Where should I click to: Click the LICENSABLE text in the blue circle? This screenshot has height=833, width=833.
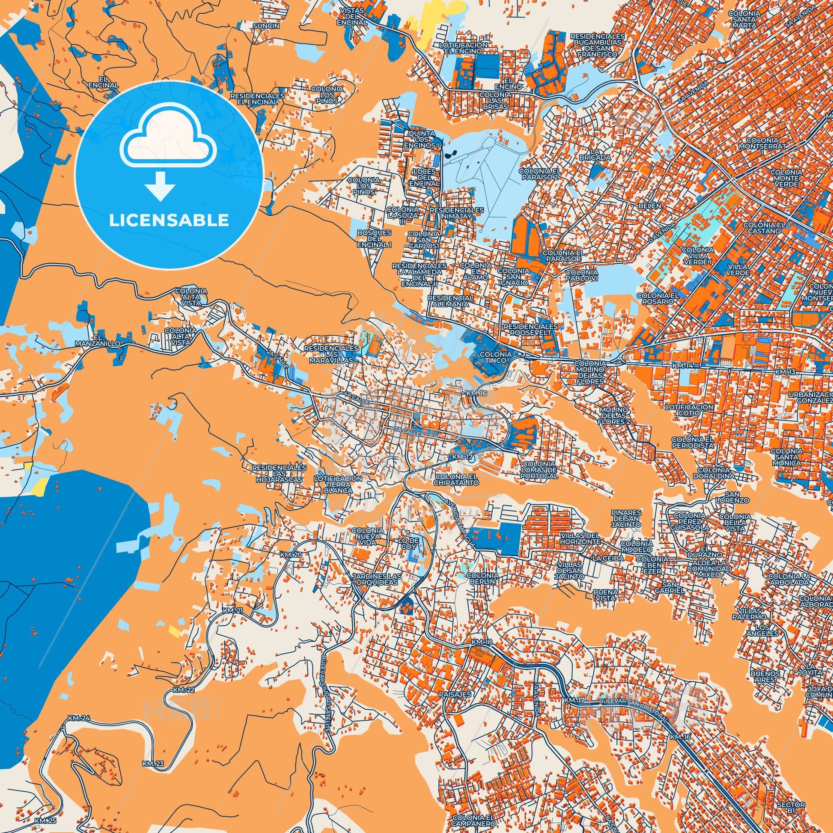[x=169, y=220]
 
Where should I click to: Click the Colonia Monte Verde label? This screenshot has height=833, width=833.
[x=788, y=178]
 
